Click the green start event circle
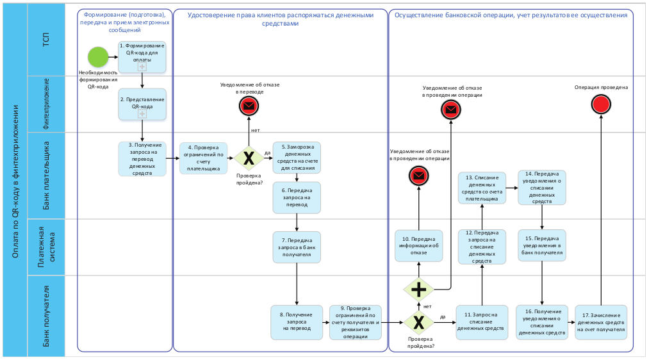tap(97, 56)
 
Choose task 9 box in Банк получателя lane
tap(355, 322)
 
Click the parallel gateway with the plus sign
tap(419, 290)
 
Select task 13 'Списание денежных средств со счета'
tap(482, 188)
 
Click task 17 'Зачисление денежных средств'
tap(600, 322)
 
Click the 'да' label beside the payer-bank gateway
tap(267, 152)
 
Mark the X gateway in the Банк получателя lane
tap(419, 322)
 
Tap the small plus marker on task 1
tap(142, 67)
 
